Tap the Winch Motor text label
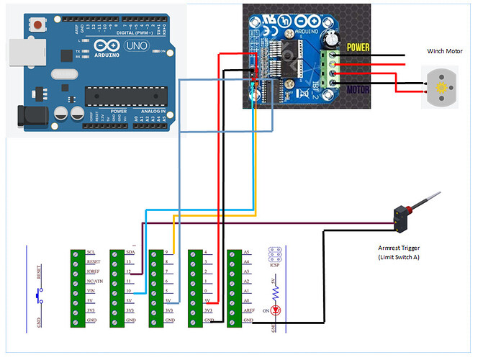(x=446, y=52)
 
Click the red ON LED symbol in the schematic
(x=275, y=310)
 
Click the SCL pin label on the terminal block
(x=91, y=253)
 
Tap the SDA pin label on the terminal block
(x=130, y=253)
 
